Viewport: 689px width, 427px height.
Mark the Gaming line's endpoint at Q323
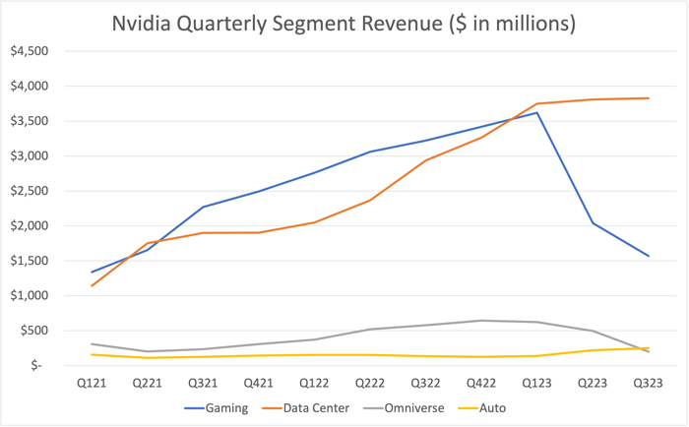(649, 256)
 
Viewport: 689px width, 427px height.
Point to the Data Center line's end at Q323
(649, 97)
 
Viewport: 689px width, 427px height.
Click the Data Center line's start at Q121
(91, 285)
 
